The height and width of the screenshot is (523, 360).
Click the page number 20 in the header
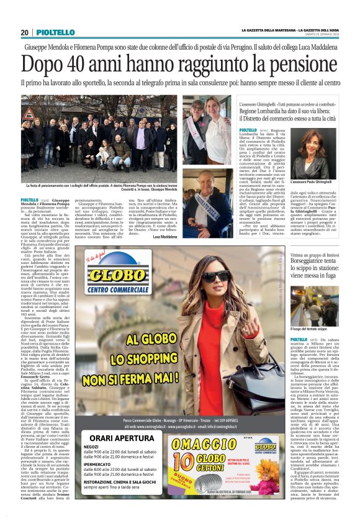tap(24, 32)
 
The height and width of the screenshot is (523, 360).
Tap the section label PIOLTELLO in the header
tap(56, 32)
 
